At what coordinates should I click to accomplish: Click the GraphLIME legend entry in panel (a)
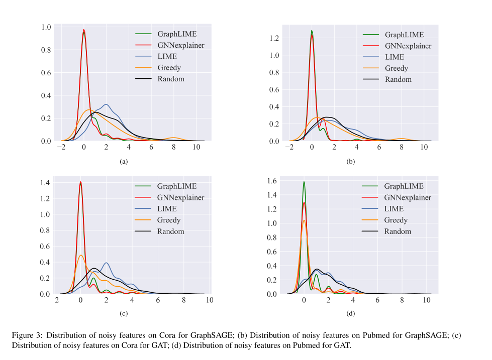(177, 34)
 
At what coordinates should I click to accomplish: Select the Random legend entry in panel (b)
(398, 79)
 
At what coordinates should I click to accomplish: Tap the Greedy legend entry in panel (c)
(168, 220)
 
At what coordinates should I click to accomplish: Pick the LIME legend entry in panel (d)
(393, 209)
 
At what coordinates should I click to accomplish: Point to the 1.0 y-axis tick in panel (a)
(46, 27)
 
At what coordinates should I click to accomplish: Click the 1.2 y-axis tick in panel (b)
(274, 38)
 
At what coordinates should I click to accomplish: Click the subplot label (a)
(124, 162)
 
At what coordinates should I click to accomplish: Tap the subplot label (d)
(351, 314)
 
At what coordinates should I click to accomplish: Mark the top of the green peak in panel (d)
(304, 182)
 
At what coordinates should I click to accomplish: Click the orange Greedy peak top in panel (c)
(81, 255)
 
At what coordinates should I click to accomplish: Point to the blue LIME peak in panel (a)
(106, 104)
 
